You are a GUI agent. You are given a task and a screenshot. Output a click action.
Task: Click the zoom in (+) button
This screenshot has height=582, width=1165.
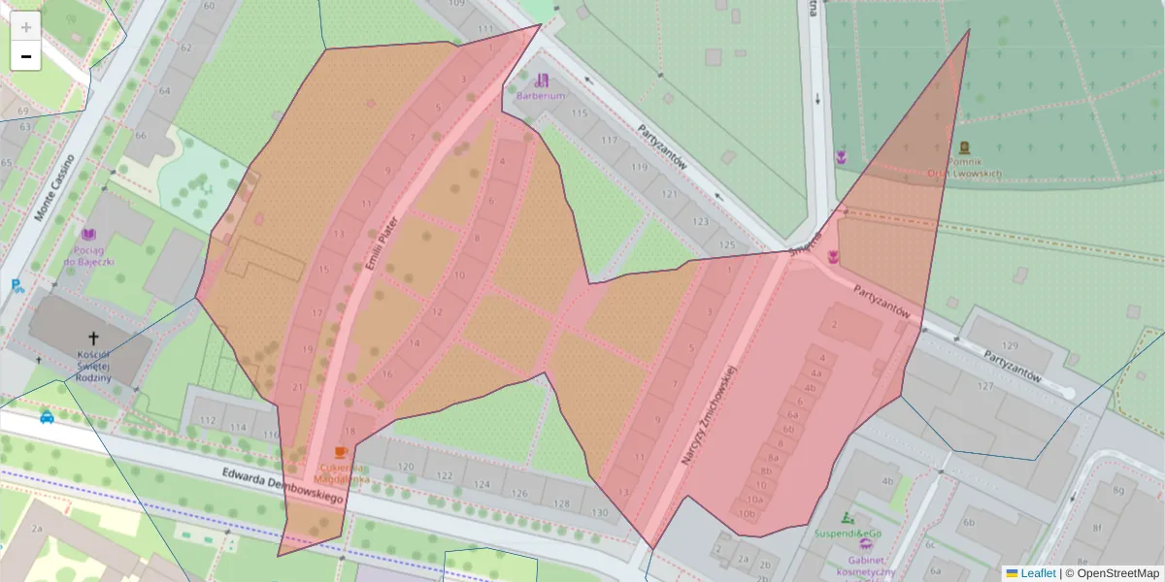tap(26, 26)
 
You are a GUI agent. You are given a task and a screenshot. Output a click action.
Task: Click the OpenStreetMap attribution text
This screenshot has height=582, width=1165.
tap(1117, 573)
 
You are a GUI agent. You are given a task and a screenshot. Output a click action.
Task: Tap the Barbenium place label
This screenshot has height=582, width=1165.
tap(541, 96)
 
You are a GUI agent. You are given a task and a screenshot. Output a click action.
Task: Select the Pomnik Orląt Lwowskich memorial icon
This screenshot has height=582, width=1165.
tap(963, 147)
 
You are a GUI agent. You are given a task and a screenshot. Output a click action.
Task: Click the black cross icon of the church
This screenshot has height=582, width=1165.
tap(94, 338)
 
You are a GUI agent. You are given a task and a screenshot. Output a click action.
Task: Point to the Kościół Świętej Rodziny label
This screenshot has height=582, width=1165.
tap(94, 370)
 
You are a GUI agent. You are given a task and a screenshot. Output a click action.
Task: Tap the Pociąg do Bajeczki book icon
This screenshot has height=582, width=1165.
tap(89, 235)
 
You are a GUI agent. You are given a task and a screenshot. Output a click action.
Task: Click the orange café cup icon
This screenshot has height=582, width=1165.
tap(340, 452)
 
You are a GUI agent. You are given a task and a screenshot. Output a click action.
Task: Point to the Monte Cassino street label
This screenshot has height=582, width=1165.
tap(55, 187)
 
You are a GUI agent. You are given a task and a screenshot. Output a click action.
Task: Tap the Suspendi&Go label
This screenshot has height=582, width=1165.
tap(849, 533)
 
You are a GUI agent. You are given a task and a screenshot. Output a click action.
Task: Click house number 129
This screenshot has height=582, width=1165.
tap(1011, 346)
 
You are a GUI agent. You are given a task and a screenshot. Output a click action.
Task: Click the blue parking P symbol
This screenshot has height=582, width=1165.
tap(17, 285)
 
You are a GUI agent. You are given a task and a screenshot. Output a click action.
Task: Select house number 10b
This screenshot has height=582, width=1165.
tap(747, 513)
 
